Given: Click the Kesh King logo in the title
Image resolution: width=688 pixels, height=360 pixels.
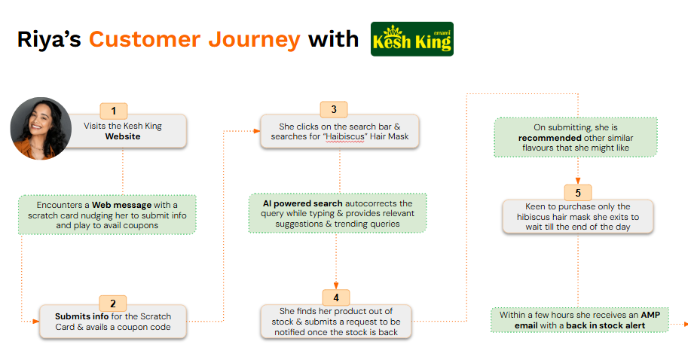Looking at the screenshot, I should [411, 39].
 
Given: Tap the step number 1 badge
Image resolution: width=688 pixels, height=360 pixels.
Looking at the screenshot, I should [114, 111].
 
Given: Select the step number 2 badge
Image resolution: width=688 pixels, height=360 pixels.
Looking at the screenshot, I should [113, 304].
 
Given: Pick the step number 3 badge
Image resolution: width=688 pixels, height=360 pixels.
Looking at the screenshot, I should [333, 110].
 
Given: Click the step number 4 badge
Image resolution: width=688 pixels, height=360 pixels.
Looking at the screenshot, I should [336, 297].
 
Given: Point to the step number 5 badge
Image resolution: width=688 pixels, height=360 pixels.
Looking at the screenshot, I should [577, 191].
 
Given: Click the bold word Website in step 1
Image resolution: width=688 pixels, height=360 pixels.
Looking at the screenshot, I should [123, 137].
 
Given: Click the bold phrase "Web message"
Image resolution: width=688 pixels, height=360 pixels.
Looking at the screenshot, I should [120, 205].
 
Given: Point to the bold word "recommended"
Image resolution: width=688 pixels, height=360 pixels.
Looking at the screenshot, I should [549, 139].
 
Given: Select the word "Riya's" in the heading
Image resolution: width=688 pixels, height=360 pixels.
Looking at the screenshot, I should [49, 39].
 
